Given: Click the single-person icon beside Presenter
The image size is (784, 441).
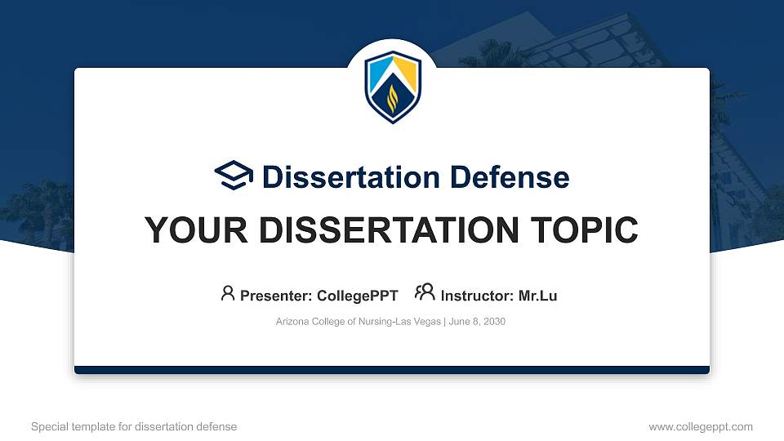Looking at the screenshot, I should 228,293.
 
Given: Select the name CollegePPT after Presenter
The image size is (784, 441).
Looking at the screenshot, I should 358,296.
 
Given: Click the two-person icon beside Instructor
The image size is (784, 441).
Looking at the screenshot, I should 425,293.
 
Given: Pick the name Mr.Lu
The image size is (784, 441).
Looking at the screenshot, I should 537,296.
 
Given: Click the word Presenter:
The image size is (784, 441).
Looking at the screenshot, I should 276,296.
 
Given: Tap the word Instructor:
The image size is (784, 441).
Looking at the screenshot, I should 477,296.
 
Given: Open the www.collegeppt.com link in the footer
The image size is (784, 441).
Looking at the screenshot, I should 701,426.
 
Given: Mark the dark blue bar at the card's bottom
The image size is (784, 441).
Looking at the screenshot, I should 392,370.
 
